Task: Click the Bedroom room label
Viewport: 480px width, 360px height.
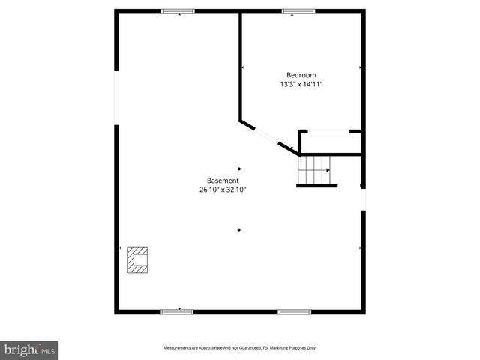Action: pyautogui.click(x=301, y=75)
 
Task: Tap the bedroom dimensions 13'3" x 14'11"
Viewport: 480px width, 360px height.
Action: pyautogui.click(x=301, y=85)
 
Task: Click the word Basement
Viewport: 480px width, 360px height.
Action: pyautogui.click(x=223, y=181)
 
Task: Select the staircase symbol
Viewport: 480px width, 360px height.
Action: pyautogui.click(x=314, y=170)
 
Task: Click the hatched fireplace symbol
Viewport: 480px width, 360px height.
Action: pyautogui.click(x=137, y=260)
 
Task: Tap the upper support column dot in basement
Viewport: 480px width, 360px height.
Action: pyautogui.click(x=239, y=169)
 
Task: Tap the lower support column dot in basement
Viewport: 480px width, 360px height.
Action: pyautogui.click(x=239, y=230)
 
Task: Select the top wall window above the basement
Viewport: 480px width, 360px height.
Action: pyautogui.click(x=178, y=11)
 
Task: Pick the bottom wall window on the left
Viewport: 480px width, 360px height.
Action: pyautogui.click(x=177, y=311)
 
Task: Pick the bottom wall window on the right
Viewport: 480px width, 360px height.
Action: pyautogui.click(x=295, y=311)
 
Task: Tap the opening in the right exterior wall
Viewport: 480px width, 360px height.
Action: pyautogui.click(x=363, y=199)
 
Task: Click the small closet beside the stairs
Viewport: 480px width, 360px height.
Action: pyautogui.click(x=330, y=142)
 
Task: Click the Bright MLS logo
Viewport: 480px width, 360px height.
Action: pyautogui.click(x=29, y=349)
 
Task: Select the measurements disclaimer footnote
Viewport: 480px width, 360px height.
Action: pyautogui.click(x=240, y=348)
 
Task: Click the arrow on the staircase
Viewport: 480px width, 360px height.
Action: pyautogui.click(x=328, y=170)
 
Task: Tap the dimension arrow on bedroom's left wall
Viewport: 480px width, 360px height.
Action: pyautogui.click(x=242, y=68)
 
